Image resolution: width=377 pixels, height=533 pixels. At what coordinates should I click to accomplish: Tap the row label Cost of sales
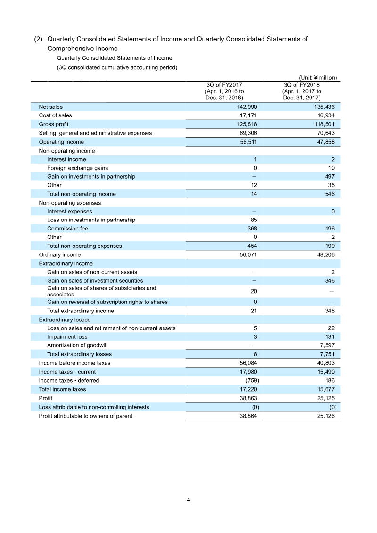55,115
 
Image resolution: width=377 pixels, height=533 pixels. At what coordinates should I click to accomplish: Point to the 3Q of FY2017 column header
224,91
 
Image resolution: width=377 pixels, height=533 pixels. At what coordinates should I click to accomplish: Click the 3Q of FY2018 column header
302,91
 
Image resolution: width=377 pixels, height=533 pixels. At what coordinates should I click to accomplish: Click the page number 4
188,500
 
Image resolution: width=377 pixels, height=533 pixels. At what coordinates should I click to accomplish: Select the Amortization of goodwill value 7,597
327,345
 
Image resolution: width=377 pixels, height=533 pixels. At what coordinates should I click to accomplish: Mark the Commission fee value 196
329,229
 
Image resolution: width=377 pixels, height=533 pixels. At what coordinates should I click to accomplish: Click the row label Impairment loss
67,337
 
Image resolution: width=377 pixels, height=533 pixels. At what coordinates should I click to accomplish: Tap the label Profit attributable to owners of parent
85,416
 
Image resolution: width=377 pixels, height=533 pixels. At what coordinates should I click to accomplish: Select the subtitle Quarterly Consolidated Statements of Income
115,58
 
